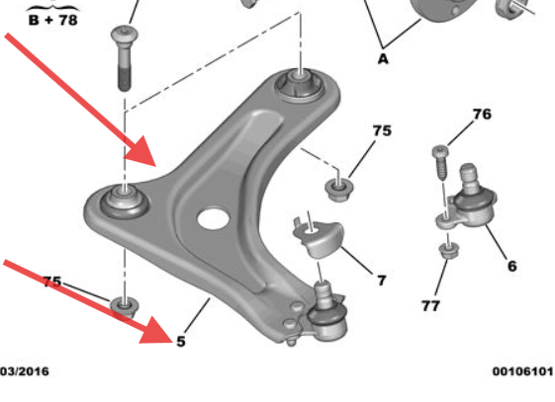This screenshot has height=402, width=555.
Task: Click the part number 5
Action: click(180, 341)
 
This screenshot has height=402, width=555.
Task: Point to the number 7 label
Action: click(381, 281)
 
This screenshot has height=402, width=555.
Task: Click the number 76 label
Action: click(481, 116)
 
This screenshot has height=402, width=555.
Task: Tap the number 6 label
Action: click(511, 266)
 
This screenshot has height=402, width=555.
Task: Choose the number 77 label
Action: click(430, 306)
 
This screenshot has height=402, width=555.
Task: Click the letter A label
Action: click(383, 58)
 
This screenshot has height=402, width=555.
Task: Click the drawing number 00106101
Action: click(521, 371)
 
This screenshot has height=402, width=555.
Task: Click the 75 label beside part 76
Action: click(381, 130)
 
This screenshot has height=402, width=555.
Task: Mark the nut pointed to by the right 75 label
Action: click(337, 185)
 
